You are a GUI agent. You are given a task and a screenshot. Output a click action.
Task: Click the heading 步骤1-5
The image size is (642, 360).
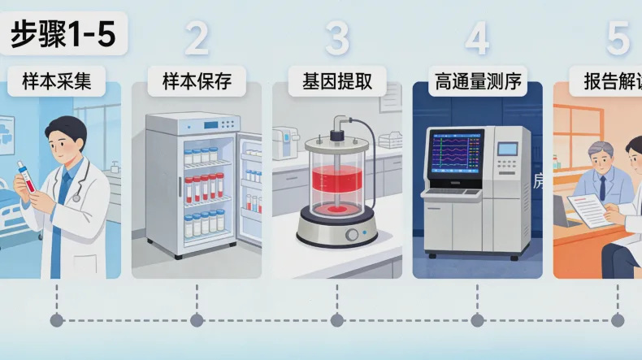coord(63,35)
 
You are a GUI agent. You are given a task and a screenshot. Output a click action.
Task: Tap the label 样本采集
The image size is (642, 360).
coord(57,81)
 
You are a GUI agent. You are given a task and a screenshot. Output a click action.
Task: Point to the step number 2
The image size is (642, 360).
coord(197,38)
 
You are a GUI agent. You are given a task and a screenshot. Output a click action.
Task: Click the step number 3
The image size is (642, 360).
coord(337,38)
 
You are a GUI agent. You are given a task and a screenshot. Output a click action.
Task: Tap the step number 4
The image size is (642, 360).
coord(478,38)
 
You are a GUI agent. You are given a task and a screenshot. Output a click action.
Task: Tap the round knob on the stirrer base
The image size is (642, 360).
coord(352,235)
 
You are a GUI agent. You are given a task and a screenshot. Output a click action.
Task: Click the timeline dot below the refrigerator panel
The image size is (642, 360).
coord(197,319)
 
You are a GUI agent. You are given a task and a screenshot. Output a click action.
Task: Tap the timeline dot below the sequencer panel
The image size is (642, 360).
coord(478,319)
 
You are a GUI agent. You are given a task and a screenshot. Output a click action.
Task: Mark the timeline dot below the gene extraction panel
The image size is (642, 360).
coord(337,319)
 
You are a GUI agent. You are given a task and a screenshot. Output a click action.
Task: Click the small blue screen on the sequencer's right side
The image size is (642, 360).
coord(507,149)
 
